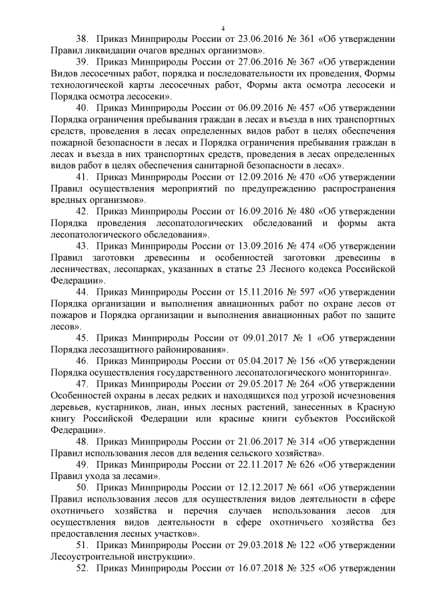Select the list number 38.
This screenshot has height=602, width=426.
83,39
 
